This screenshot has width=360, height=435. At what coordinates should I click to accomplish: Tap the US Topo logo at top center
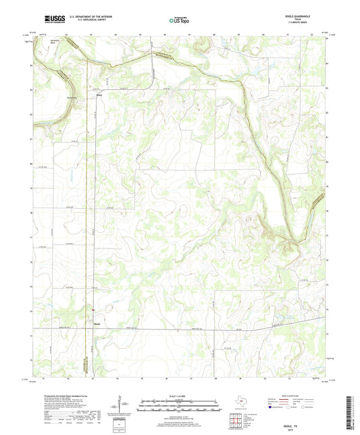point(180,21)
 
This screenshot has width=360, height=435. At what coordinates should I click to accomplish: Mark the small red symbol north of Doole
point(94,312)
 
